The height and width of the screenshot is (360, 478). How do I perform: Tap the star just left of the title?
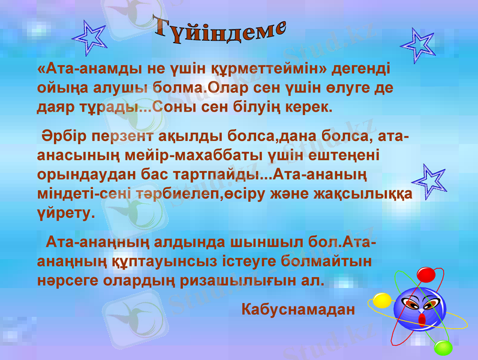point(90,37)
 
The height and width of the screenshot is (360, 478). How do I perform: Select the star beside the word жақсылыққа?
point(429,179)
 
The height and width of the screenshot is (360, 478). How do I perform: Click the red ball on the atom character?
point(426,275)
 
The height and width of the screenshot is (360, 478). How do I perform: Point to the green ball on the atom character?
point(443,347)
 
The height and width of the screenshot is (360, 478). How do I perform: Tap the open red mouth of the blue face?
point(422,318)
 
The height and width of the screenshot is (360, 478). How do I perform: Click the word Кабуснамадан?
point(298,310)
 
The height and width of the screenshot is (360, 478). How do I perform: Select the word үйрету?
point(65,214)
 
